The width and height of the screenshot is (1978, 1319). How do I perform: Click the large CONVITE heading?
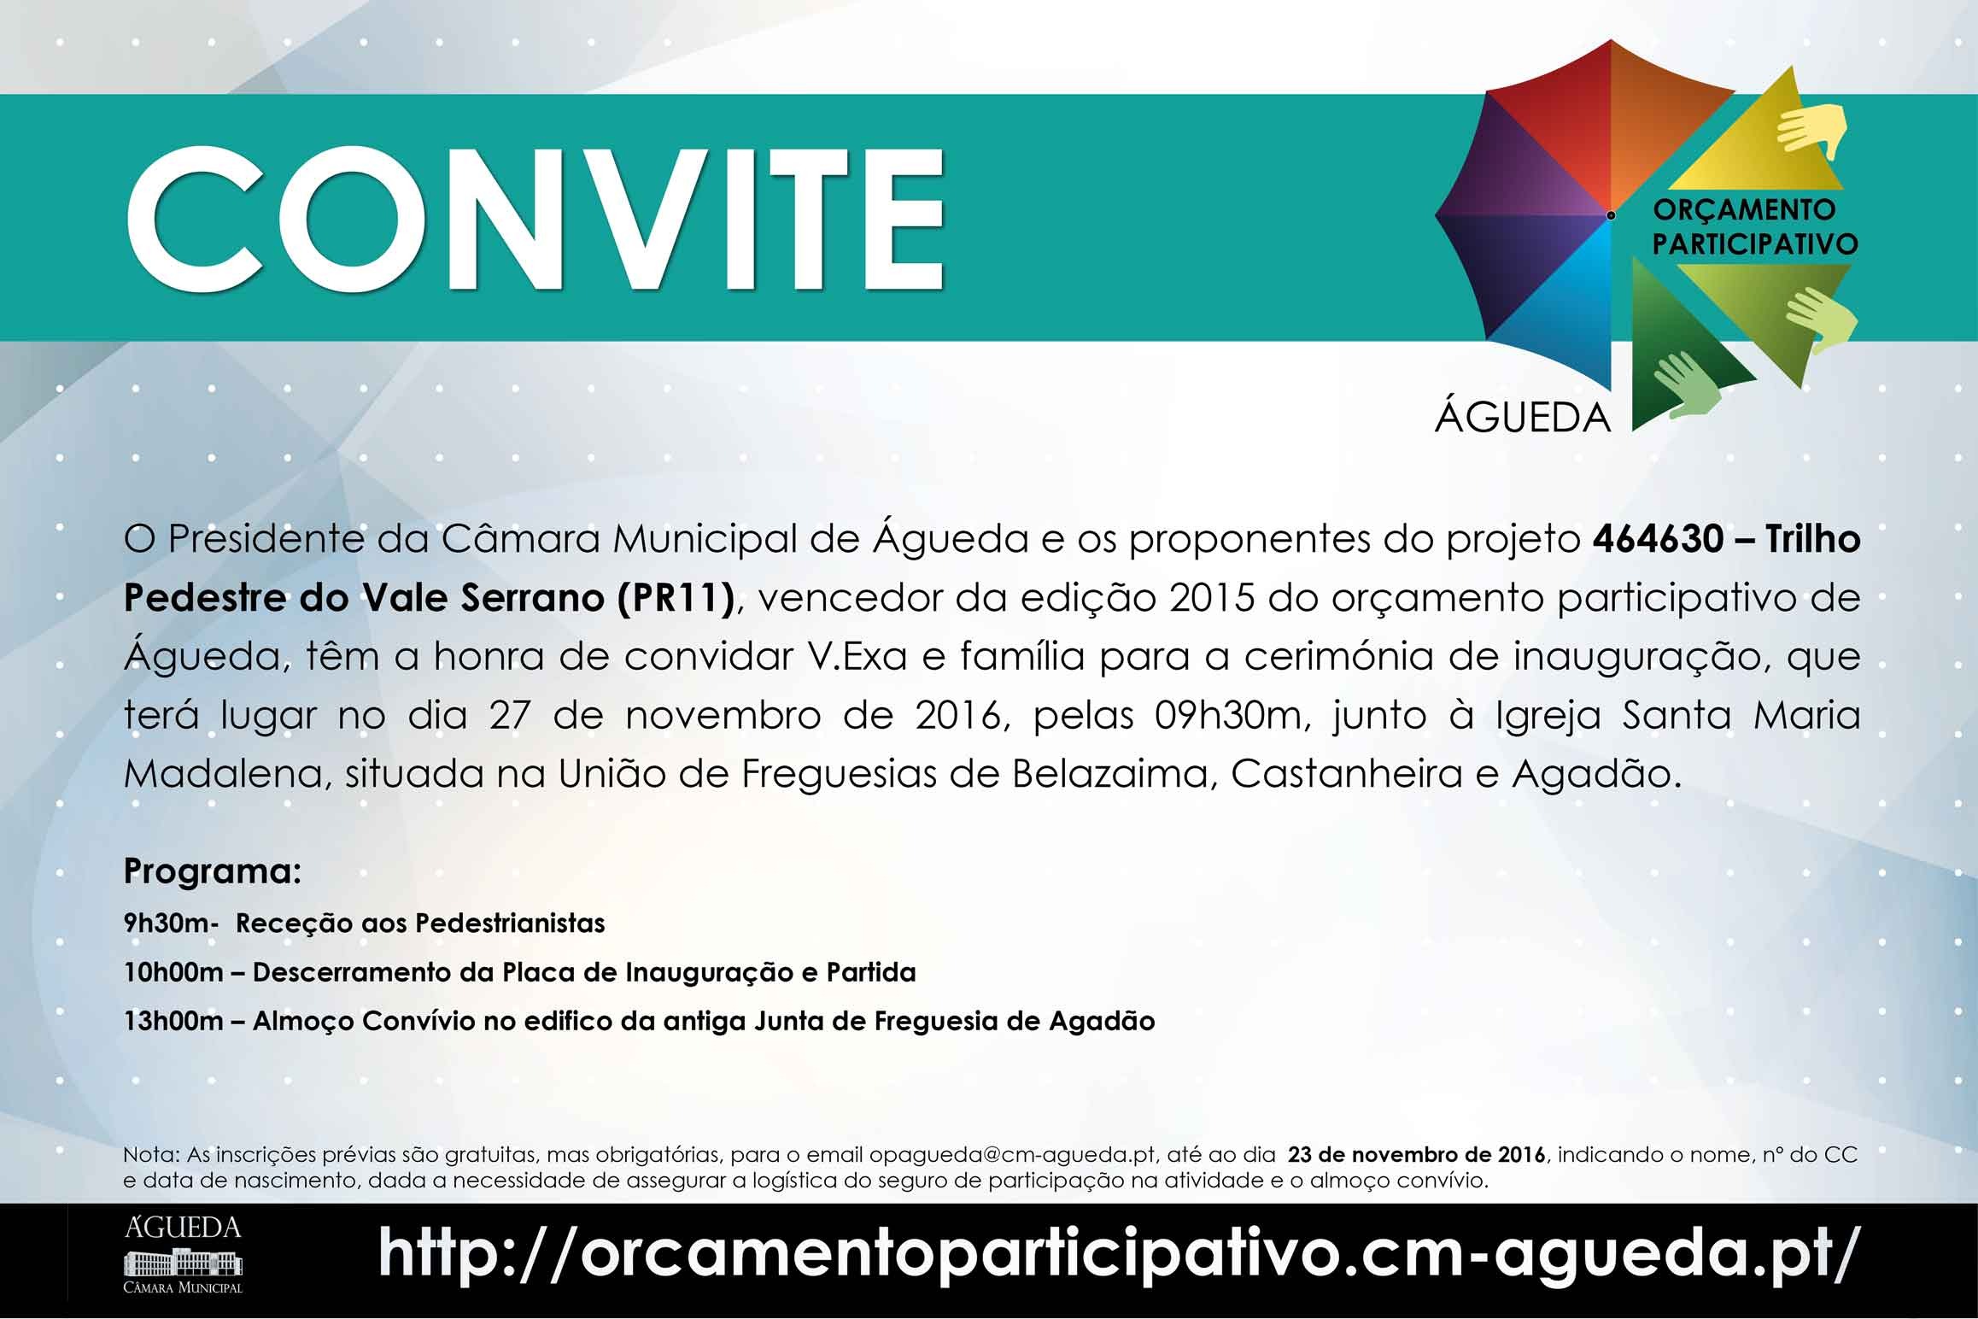[535, 222]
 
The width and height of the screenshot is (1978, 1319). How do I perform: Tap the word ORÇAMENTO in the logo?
[1745, 208]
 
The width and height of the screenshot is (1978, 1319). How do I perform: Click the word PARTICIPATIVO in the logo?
[1755, 243]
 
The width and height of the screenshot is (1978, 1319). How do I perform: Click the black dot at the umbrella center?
[1611, 215]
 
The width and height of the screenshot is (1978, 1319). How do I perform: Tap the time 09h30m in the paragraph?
[1227, 715]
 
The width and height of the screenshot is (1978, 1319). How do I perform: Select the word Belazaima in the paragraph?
[1115, 774]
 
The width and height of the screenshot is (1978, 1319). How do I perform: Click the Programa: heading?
[213, 871]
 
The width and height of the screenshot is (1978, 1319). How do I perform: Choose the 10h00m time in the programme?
[173, 972]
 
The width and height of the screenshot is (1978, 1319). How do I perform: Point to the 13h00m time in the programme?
[173, 1021]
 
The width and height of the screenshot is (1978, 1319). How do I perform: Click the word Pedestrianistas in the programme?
[510, 923]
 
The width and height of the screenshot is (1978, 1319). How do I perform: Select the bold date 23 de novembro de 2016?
[1417, 1155]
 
